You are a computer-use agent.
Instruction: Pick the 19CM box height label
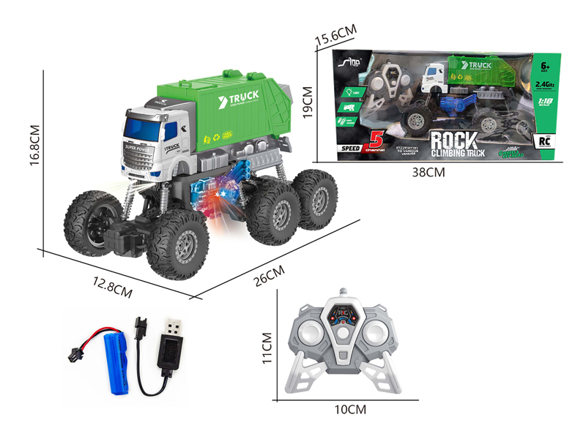point(308,102)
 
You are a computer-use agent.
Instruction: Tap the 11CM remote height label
point(267,348)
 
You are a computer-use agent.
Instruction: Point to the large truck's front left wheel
point(90,221)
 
